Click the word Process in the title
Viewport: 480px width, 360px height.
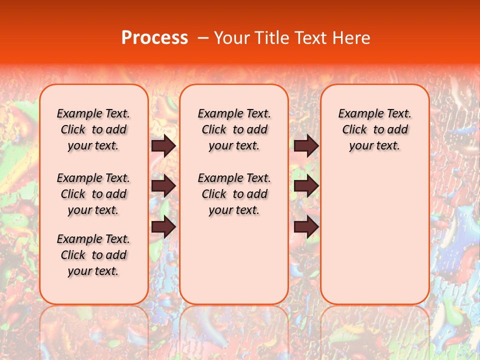pos(154,38)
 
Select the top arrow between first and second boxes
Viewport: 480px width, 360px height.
pos(163,145)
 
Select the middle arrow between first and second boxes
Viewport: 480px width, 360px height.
pos(163,186)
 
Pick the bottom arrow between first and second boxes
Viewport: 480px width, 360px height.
pos(163,227)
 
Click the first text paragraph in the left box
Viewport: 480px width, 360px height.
pos(93,129)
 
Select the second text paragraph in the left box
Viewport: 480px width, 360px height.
pos(93,194)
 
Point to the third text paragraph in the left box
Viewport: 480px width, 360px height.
pos(93,255)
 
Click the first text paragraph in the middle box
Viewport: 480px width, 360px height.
pos(234,129)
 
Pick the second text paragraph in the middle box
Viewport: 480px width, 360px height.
pos(234,194)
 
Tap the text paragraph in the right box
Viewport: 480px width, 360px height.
pos(375,129)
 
